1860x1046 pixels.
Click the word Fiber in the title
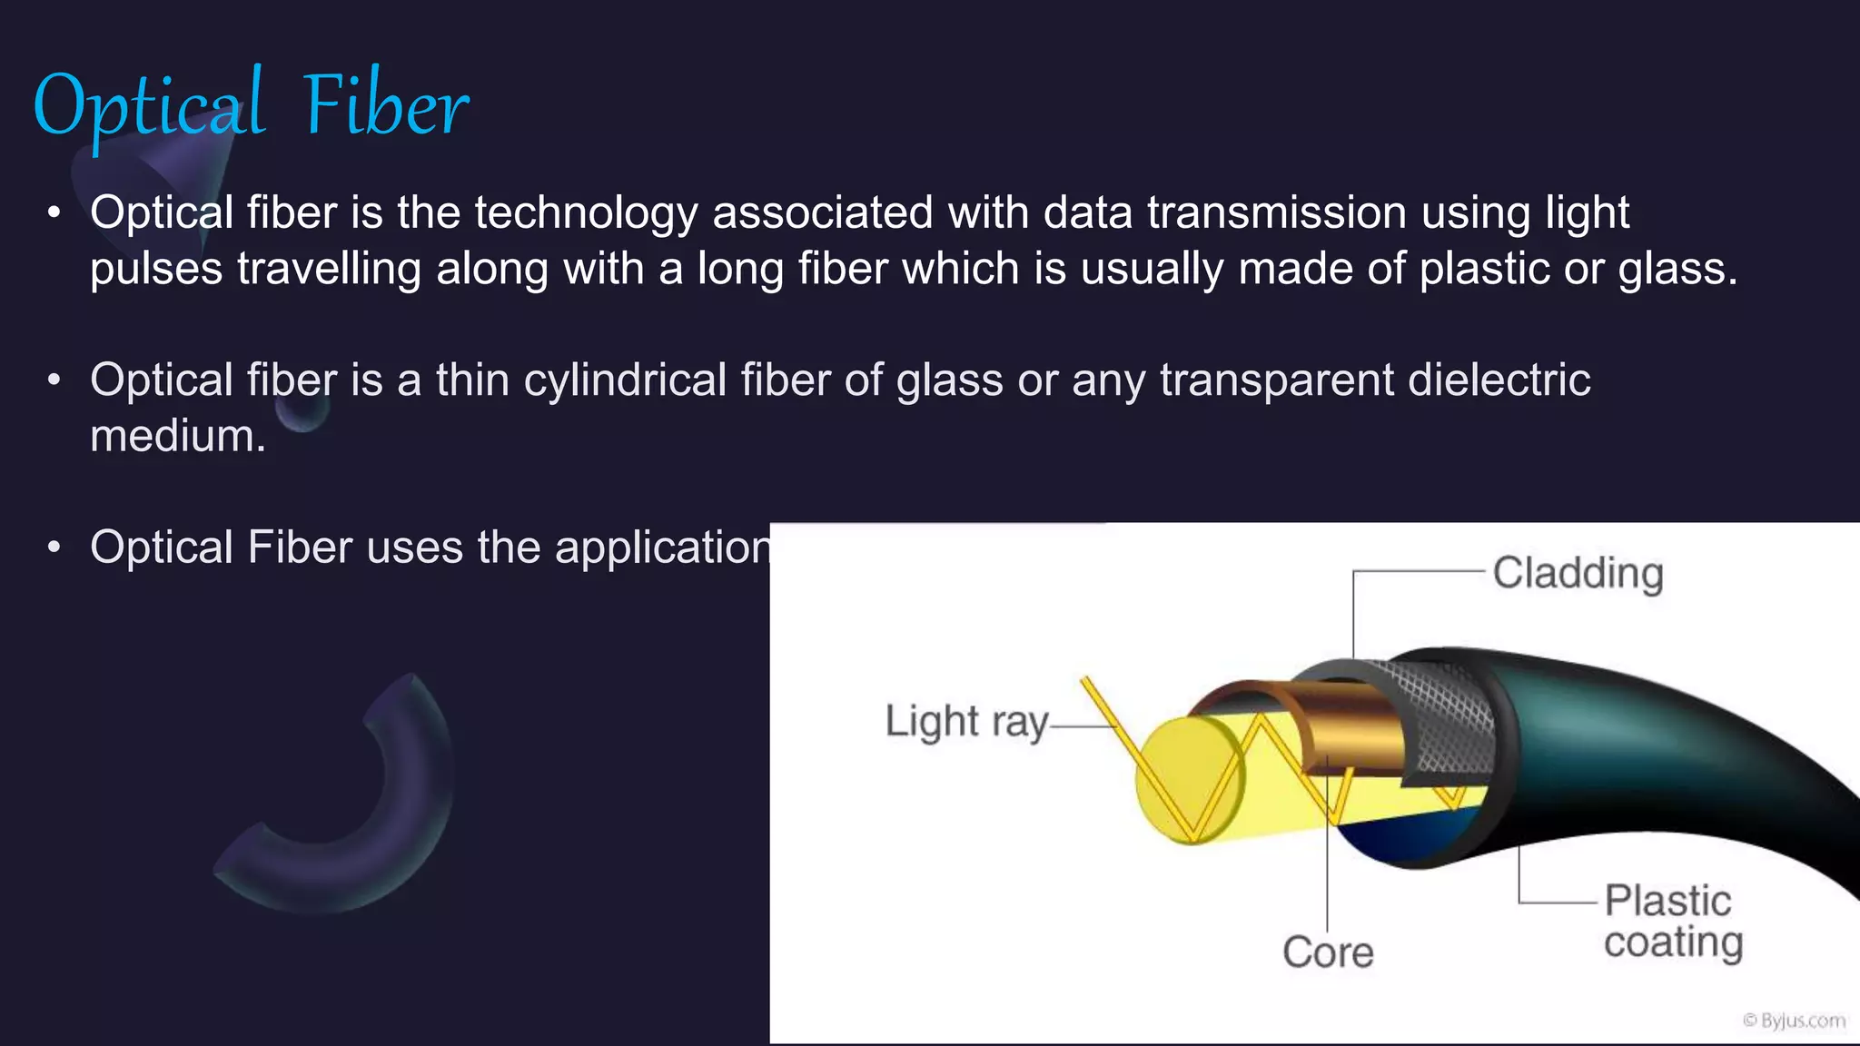tap(386, 107)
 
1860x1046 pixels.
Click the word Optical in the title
tap(150, 107)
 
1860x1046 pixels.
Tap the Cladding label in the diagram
tap(1578, 574)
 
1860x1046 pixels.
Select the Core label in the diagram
tap(1327, 952)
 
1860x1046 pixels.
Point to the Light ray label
tap(966, 723)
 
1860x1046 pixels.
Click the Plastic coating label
tap(1672, 922)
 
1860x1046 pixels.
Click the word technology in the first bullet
tap(586, 213)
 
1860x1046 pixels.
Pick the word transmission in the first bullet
tap(1276, 213)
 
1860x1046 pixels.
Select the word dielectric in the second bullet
tap(1499, 380)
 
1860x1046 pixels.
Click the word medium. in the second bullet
tap(178, 437)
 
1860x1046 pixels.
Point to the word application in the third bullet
tap(663, 548)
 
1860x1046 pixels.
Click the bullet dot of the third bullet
tap(54, 548)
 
